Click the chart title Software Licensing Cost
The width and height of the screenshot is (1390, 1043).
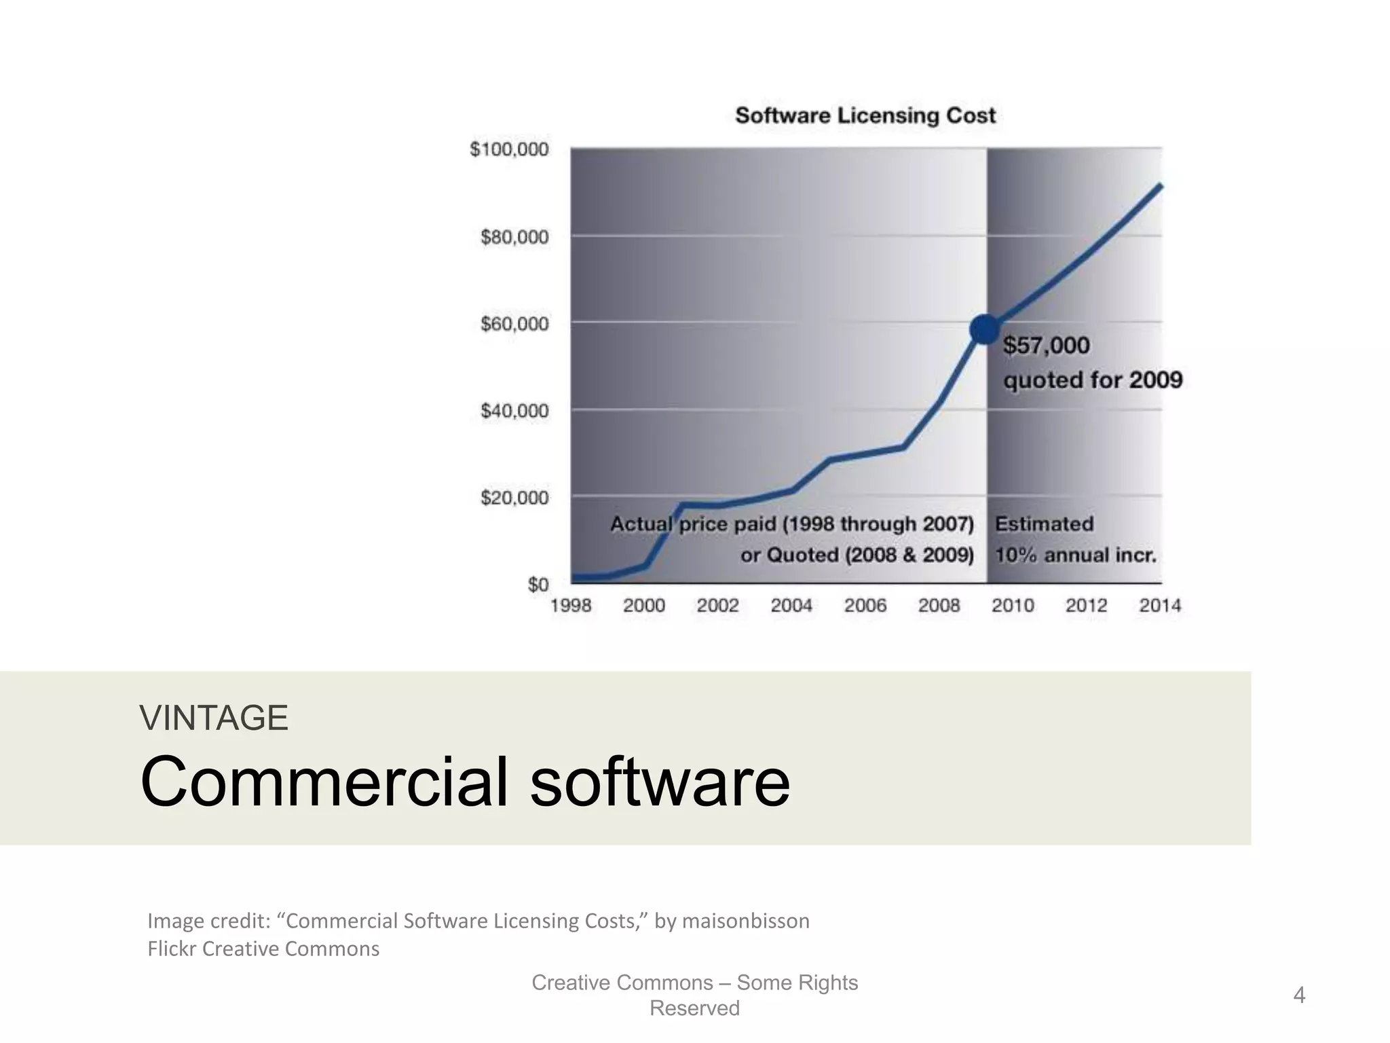pos(865,115)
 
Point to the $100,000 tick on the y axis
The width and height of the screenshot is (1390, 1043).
pos(509,149)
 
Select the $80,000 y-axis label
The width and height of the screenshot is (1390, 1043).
pos(514,237)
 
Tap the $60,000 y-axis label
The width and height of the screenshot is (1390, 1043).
pos(514,324)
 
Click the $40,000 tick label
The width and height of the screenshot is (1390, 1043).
pos(514,411)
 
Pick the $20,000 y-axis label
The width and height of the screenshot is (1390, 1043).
pos(514,498)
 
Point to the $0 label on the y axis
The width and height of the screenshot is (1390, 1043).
pos(538,585)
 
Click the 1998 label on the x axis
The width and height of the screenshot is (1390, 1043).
pos(570,606)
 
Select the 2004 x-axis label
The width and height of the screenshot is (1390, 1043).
pos(791,606)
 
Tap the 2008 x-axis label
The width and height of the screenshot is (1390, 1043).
pos(939,606)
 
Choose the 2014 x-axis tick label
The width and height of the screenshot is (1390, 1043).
pos(1160,606)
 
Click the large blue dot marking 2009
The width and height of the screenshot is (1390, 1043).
pos(985,330)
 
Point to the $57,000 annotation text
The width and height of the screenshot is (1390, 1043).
pos(1047,346)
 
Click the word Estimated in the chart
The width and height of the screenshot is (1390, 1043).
pos(1044,524)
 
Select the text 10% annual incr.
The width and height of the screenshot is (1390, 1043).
pos(1075,555)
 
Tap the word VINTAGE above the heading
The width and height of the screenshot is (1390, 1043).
pos(214,718)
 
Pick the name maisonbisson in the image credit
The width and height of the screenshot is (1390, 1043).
pos(745,921)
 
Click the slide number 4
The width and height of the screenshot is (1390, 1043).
pos(1299,995)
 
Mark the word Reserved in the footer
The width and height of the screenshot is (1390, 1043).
pos(694,1008)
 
